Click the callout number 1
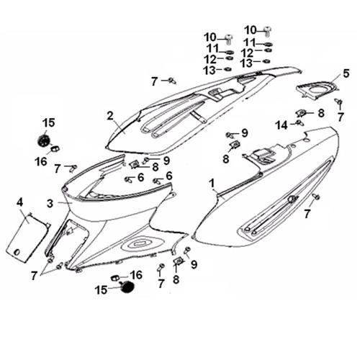[x=212, y=184]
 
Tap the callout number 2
[x=110, y=116]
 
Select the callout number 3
[x=50, y=204]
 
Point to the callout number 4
[x=19, y=203]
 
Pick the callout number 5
[x=346, y=73]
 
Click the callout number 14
[x=282, y=125]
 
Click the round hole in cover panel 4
[x=17, y=252]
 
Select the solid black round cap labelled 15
[x=127, y=287]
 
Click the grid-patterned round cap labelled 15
[x=44, y=140]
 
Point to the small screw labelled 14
[x=300, y=122]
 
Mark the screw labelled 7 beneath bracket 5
[x=339, y=102]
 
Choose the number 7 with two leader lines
[x=35, y=276]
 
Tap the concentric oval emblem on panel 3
[x=140, y=244]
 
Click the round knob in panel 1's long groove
[x=292, y=199]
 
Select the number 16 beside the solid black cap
[x=136, y=275]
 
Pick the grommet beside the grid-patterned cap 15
[x=55, y=149]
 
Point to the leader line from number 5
[x=336, y=80]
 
